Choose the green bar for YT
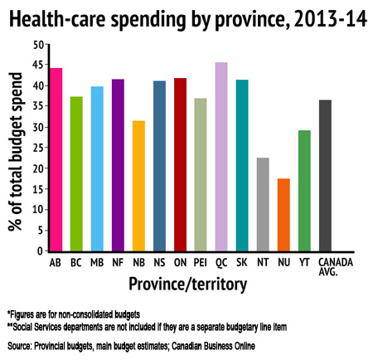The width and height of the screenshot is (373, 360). coord(304,190)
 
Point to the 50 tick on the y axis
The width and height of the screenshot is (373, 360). coord(38,43)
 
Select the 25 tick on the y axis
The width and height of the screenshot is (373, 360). coord(38,147)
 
